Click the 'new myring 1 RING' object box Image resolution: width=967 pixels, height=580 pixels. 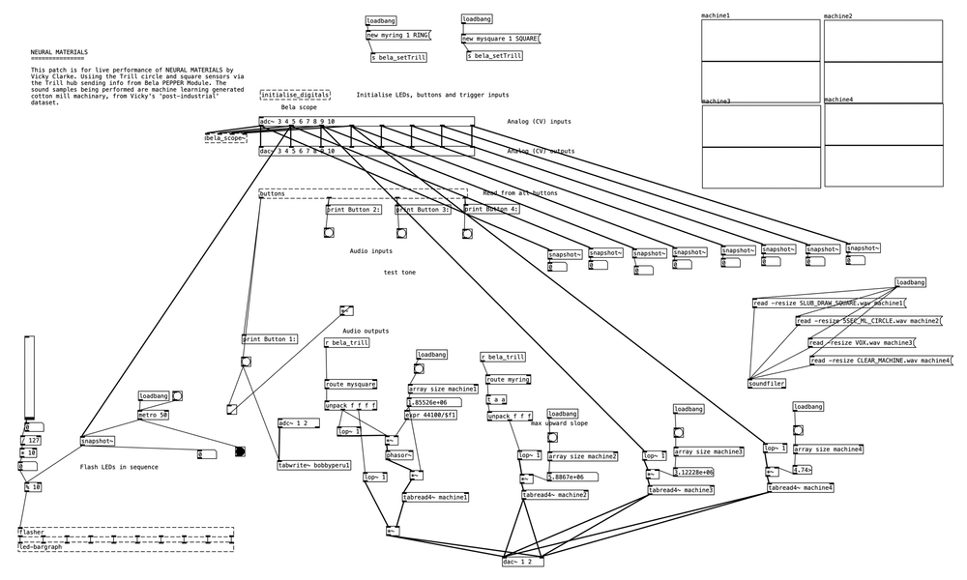pyautogui.click(x=397, y=36)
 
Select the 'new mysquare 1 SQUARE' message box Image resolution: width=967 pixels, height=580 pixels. pyautogui.click(x=500, y=38)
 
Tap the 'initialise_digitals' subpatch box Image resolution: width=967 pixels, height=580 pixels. pyautogui.click(x=294, y=95)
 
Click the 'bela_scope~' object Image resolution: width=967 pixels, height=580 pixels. pyautogui.click(x=224, y=139)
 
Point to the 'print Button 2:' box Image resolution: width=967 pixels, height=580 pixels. pyautogui.click(x=353, y=209)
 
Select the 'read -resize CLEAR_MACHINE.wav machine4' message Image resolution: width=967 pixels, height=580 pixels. pyautogui.click(x=880, y=361)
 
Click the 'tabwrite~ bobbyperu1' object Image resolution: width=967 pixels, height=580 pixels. pyautogui.click(x=313, y=465)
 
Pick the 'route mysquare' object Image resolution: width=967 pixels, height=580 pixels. pyautogui.click(x=351, y=384)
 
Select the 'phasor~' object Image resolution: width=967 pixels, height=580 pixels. pyautogui.click(x=399, y=455)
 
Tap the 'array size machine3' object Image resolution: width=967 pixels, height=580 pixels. pyautogui.click(x=708, y=451)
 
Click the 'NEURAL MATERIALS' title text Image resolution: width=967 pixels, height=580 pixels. pyautogui.click(x=59, y=51)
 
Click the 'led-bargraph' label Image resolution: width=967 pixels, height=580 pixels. pyautogui.click(x=40, y=547)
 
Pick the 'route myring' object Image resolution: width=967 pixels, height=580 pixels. pyautogui.click(x=508, y=380)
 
